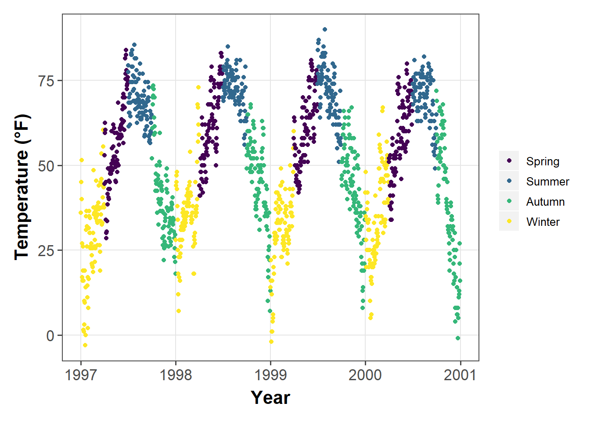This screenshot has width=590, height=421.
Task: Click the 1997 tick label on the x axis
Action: pos(81,375)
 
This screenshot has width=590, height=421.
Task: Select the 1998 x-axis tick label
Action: pos(176,375)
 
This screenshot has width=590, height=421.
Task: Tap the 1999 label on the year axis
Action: pos(270,375)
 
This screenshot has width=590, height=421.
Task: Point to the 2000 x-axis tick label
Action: pos(365,375)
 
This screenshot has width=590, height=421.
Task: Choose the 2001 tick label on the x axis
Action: pos(460,375)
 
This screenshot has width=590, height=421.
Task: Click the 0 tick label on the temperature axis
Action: pos(50,336)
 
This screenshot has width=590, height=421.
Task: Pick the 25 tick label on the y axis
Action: pos(47,251)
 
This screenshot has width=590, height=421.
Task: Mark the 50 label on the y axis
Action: pos(47,166)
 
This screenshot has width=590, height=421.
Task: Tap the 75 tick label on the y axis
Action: pos(47,81)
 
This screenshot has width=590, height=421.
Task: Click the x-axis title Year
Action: pos(270,398)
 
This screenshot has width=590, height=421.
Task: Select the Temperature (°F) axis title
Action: pos(22,187)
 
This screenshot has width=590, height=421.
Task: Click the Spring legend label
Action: pos(543,161)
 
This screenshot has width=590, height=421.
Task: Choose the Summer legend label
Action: pos(547,182)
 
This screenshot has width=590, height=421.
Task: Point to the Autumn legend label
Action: pos(545,202)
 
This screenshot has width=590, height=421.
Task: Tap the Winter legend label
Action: pos(543,222)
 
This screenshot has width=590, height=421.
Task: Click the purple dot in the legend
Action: pos(509,161)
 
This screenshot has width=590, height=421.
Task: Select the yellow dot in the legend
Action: pos(509,221)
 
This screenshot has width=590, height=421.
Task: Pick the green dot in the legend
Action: pos(509,201)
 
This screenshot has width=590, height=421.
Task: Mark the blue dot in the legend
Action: pos(509,181)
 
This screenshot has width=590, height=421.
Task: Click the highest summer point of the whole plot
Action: pos(325,29)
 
